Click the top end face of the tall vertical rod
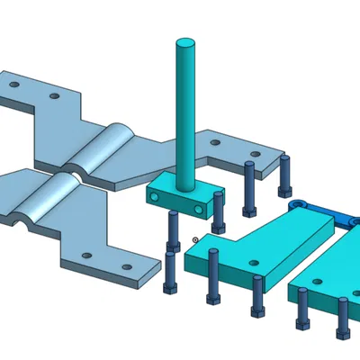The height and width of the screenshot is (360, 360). [184, 43]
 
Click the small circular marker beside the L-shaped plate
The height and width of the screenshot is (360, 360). [195, 239]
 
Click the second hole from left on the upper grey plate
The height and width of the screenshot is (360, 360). [55, 94]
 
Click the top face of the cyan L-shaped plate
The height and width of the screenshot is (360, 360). [261, 243]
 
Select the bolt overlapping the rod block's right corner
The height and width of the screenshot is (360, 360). [219, 209]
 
